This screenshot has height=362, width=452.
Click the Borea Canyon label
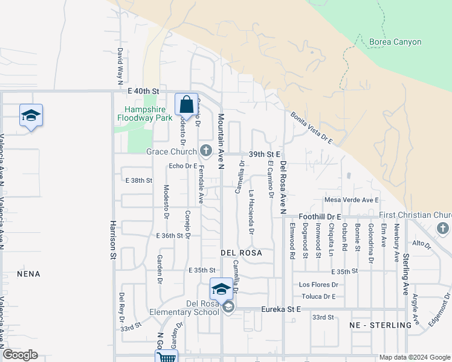click(395, 42)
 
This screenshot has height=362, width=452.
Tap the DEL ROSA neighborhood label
click(241, 253)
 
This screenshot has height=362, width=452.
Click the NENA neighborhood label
click(29, 274)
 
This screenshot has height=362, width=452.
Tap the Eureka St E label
click(280, 310)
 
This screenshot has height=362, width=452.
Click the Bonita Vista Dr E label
click(311, 127)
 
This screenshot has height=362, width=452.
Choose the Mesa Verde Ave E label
click(351, 200)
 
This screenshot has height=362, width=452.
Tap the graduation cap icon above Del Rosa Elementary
click(221, 288)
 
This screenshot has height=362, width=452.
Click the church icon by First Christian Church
click(442, 228)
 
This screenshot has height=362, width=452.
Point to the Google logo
click(20, 355)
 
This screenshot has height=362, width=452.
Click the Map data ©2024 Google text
click(414, 357)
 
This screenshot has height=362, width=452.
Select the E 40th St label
click(143, 91)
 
